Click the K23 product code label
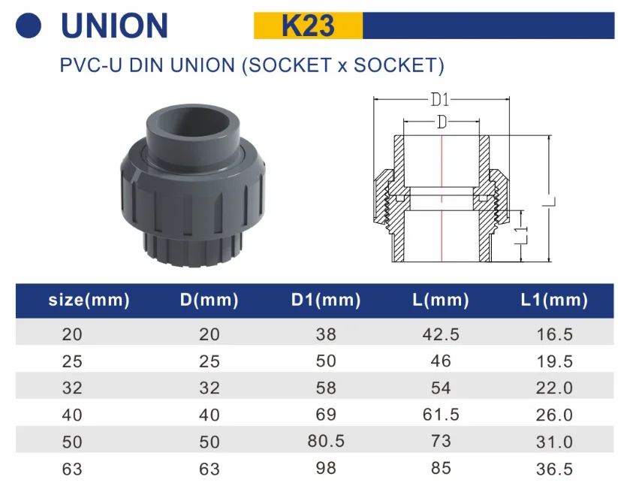(x=308, y=26)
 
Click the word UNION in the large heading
(x=114, y=26)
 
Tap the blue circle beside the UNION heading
(x=29, y=26)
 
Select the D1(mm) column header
(x=326, y=301)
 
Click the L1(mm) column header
(x=554, y=301)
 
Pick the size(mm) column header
(x=89, y=301)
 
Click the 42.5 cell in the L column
(x=441, y=334)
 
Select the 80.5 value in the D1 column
(x=326, y=441)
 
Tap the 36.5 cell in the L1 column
(x=554, y=469)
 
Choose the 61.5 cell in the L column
(x=441, y=415)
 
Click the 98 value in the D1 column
(x=326, y=468)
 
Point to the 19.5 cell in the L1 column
(x=554, y=361)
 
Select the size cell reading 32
(x=73, y=388)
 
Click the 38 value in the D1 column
(x=326, y=334)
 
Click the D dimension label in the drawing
(x=442, y=122)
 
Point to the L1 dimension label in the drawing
(x=526, y=236)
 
